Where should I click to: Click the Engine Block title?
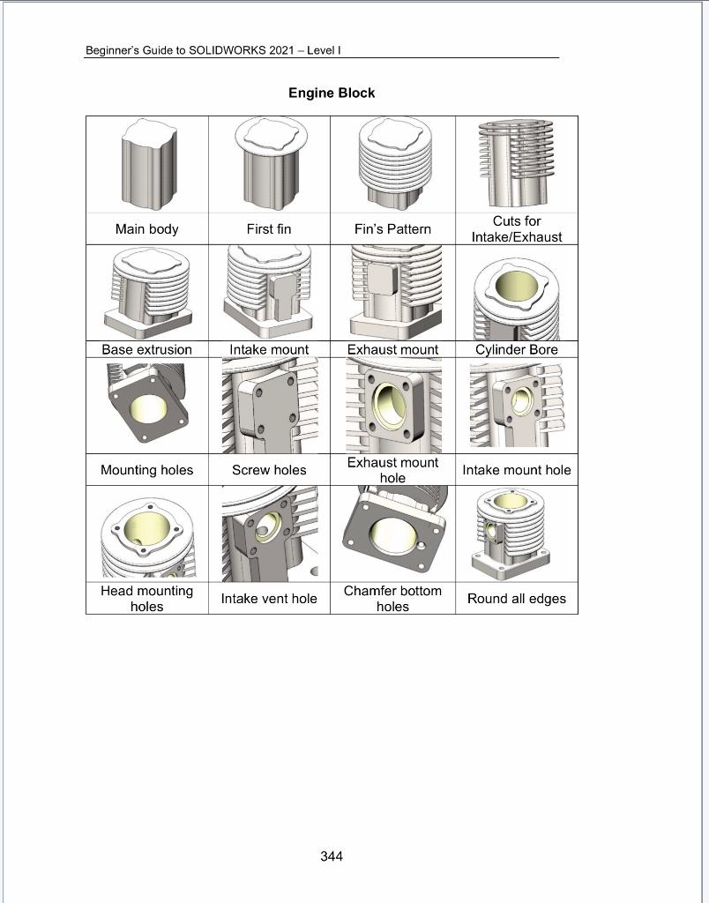(332, 93)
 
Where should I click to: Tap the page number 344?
(332, 856)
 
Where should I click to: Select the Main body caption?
(146, 229)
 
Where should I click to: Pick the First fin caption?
(269, 229)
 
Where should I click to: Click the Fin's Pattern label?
(392, 229)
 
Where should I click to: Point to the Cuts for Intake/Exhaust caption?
(516, 229)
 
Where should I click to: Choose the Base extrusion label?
(146, 349)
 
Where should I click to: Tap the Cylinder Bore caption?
(516, 349)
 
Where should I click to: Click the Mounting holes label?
(146, 470)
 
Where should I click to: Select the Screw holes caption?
(269, 470)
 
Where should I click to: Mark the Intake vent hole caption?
(269, 599)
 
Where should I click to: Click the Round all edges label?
(516, 599)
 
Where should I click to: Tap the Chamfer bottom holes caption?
(392, 599)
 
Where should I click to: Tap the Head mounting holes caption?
(146, 599)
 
